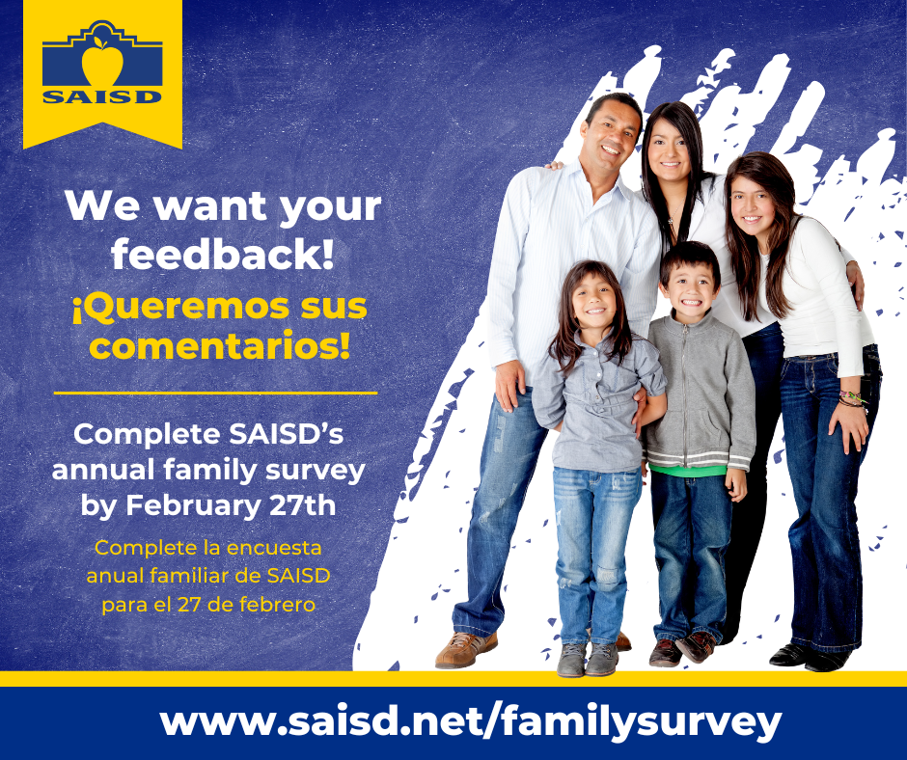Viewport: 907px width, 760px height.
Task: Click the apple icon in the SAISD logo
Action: pos(102,63)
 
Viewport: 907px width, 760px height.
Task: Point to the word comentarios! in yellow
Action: pos(219,345)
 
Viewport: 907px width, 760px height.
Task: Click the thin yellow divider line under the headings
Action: pos(215,393)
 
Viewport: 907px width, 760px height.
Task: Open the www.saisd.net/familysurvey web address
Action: pos(470,721)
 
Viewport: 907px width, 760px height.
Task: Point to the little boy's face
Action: pos(691,285)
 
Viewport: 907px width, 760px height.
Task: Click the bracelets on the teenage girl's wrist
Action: pos(851,398)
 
